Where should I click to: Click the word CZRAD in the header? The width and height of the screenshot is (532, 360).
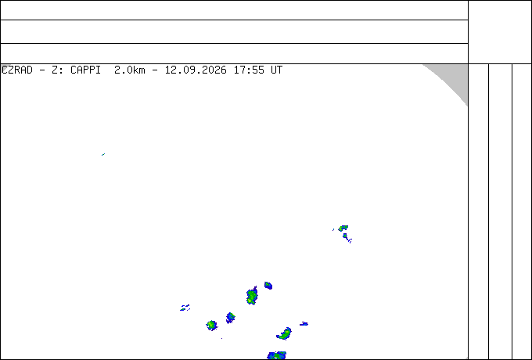pos(17,70)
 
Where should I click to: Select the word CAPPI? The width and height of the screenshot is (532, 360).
pos(85,70)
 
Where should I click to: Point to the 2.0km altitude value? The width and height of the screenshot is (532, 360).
pos(130,70)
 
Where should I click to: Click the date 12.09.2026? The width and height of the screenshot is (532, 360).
pos(196,70)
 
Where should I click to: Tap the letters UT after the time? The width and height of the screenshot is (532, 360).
pos(276,70)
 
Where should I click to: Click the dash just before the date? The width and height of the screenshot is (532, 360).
pos(155,70)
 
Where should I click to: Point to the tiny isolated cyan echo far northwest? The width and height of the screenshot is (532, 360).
pos(103,155)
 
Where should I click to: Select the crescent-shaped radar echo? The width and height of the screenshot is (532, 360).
pos(285,334)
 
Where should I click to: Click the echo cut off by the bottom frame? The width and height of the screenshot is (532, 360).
pos(277,355)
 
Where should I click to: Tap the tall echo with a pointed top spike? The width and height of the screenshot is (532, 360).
pos(252,296)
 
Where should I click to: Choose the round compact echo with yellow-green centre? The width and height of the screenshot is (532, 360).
pos(212,326)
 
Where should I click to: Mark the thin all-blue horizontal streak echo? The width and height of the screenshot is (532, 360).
pos(304,324)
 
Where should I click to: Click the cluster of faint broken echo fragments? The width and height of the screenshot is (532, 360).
pos(185,308)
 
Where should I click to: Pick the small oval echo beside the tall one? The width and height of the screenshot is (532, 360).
pos(268,286)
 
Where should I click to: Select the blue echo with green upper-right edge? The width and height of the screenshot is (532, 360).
pos(231,318)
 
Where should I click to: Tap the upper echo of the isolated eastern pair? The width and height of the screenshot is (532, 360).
pos(343,228)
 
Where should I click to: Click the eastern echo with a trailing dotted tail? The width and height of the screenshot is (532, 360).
pos(347,237)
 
